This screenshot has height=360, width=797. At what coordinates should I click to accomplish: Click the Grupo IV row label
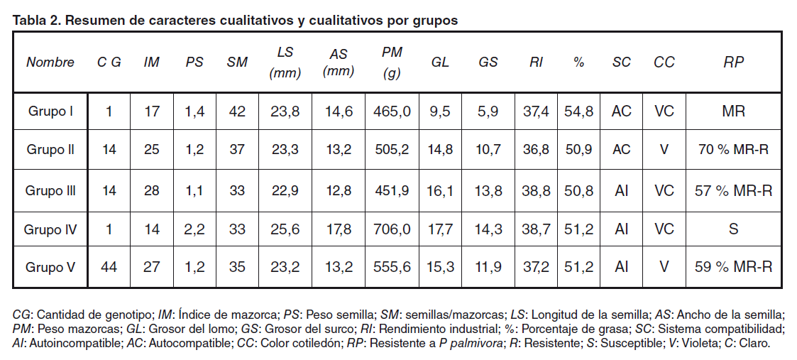point(50,229)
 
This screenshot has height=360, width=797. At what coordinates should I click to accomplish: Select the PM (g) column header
point(392,62)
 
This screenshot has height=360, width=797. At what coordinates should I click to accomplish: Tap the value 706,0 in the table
point(392,229)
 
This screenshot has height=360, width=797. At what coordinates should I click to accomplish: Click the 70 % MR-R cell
point(733,150)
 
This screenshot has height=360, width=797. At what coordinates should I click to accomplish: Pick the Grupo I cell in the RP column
point(733,111)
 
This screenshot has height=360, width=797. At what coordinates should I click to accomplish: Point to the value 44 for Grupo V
point(109,268)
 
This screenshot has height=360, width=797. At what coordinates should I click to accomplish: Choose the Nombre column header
point(50,62)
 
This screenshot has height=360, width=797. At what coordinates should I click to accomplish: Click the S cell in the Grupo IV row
point(733,229)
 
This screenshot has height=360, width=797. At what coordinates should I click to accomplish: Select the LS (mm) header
point(285,62)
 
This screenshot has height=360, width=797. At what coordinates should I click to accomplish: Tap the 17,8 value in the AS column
point(338,229)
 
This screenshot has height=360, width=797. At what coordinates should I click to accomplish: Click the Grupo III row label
point(50,190)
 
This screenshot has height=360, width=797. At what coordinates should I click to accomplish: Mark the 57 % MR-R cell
point(733,190)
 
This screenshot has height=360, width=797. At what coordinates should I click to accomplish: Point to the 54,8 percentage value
point(578,111)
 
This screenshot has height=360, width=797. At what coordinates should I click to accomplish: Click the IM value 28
point(151,190)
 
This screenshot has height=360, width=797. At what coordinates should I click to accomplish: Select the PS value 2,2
point(194,229)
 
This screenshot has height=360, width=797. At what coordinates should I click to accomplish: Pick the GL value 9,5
point(440,111)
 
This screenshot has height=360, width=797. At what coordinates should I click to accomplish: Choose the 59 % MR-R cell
point(733,268)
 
